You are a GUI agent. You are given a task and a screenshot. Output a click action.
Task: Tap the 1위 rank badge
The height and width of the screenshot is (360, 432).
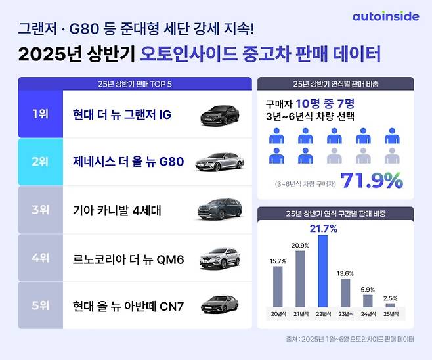[40, 114]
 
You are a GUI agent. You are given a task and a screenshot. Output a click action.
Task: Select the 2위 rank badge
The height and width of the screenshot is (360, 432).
[40, 161]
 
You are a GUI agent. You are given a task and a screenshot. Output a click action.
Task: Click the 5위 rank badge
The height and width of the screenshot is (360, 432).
[40, 305]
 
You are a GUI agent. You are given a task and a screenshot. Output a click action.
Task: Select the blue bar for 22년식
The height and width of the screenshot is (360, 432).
[322, 271]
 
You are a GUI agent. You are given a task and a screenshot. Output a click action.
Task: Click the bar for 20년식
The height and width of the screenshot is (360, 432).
[278, 286]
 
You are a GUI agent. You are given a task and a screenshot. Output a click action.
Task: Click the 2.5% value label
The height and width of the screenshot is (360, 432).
[391, 297]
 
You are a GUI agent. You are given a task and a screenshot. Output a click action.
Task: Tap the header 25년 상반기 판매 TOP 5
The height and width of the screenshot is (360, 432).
[134, 83]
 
